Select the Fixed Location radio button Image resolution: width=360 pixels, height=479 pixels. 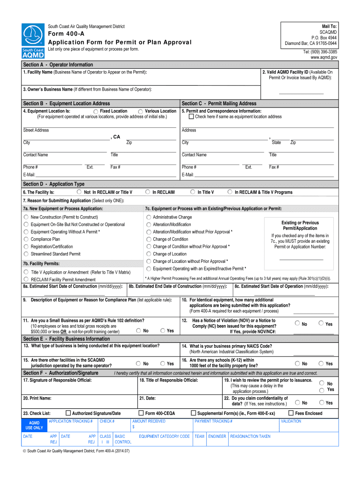click(x=95, y=111)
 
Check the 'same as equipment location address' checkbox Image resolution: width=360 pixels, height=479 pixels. click(x=185, y=117)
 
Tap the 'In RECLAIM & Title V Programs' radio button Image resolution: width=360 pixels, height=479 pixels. click(x=230, y=192)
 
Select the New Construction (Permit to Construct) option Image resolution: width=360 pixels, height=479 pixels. click(x=26, y=217)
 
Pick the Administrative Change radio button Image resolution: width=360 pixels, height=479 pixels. click(x=149, y=217)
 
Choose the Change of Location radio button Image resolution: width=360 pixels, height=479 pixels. click(x=149, y=254)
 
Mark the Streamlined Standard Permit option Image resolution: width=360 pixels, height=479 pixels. click(x=26, y=254)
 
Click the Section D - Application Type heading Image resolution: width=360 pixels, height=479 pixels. click(x=54, y=184)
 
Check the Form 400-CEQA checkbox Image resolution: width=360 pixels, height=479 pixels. click(x=141, y=413)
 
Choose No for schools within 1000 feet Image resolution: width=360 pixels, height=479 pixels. click(x=297, y=363)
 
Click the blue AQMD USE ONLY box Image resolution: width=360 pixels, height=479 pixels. click(x=34, y=425)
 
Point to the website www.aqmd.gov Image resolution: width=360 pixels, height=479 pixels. click(x=324, y=58)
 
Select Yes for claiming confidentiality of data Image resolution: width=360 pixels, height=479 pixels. click(x=321, y=402)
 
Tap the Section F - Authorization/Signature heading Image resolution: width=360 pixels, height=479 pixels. click(x=61, y=373)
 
